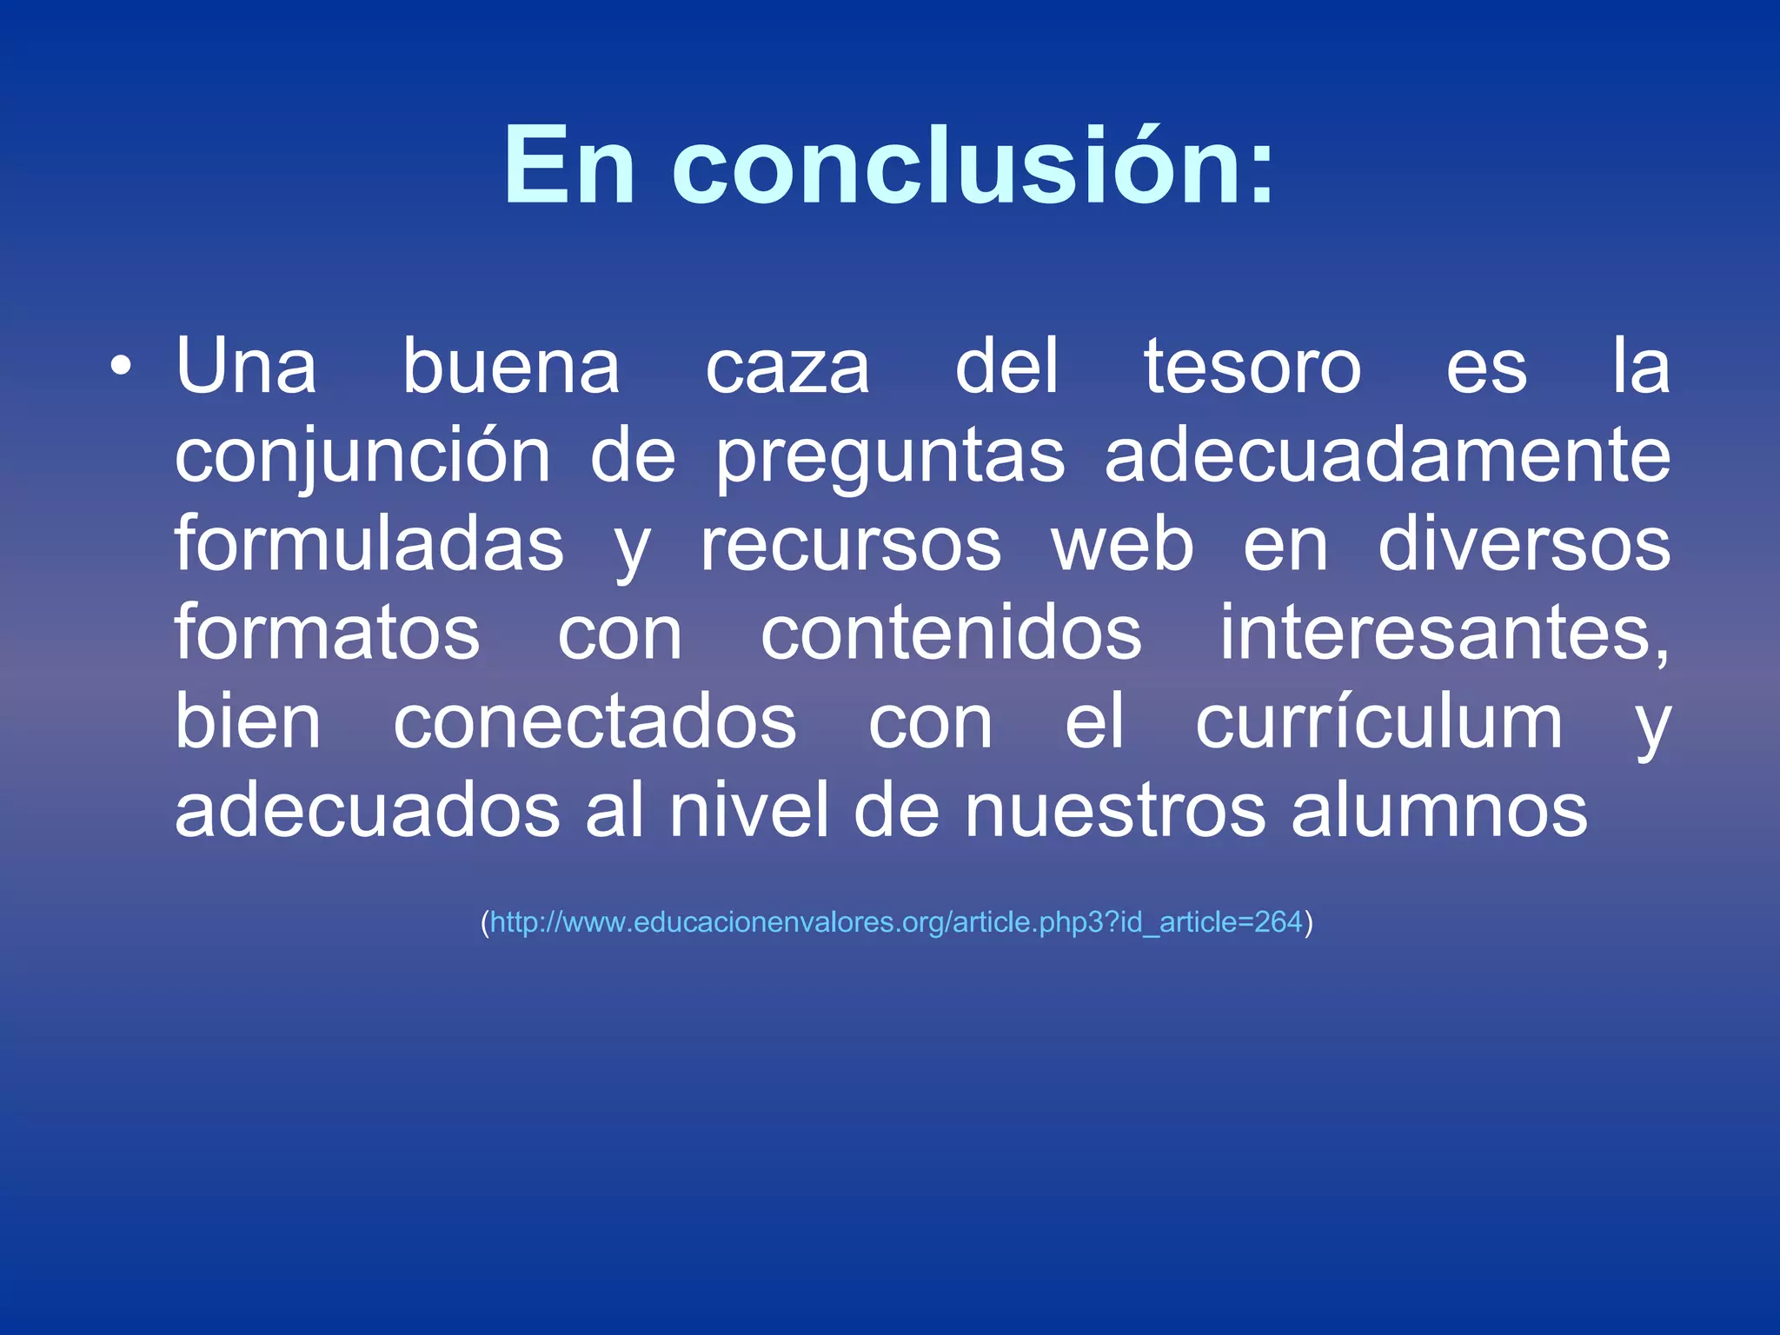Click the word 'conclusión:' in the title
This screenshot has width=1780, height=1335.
pos(973,165)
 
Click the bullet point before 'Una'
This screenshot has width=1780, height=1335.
pos(122,367)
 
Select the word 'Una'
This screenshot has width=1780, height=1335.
pos(246,367)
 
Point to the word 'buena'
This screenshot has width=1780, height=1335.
pos(511,367)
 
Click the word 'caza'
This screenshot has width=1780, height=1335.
pos(787,367)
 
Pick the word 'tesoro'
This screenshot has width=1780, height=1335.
pos(1252,367)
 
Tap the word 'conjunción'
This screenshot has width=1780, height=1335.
pos(362,457)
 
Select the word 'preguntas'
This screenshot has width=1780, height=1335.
pos(890,457)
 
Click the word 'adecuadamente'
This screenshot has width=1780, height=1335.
pos(1387,457)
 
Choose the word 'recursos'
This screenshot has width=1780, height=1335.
pos(851,546)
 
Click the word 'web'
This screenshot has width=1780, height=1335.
pos(1123,546)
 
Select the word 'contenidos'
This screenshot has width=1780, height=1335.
pos(951,634)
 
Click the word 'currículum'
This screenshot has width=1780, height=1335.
pos(1378,723)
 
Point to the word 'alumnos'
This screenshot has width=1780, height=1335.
pos(1439,812)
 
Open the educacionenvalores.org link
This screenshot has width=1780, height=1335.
pos(896,922)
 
